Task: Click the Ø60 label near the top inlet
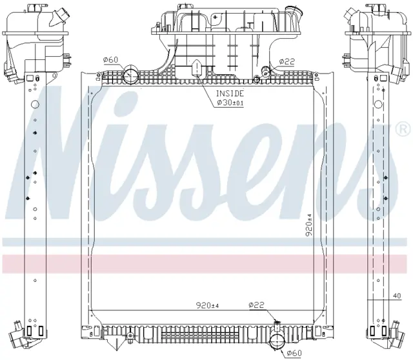[110, 60]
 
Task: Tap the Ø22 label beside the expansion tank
[287, 62]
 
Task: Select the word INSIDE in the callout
[230, 94]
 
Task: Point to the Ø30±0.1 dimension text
[230, 103]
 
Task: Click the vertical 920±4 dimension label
[310, 225]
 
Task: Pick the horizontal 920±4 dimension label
[207, 306]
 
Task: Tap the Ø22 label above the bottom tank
[256, 305]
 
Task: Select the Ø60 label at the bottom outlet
[294, 353]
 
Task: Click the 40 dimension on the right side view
[397, 296]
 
